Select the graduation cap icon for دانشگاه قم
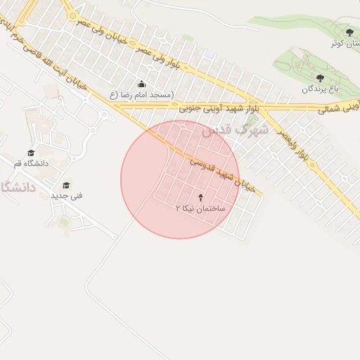coord(31,153)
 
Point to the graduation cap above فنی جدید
coord(66,186)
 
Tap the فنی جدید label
coord(66,195)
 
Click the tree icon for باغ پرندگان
coord(321,78)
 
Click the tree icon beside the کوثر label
coord(349,32)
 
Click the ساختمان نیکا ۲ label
coord(201,209)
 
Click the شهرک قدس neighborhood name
coord(235,131)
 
